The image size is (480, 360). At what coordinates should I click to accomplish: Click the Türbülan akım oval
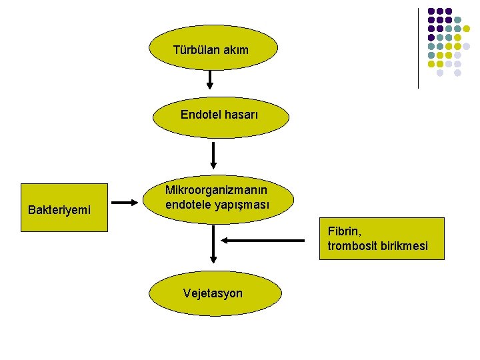(x=211, y=49)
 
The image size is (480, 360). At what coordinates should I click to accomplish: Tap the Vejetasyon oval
(x=213, y=293)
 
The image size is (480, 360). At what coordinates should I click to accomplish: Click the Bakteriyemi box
(x=63, y=207)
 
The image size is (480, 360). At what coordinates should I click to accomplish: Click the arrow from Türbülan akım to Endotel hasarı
(x=210, y=79)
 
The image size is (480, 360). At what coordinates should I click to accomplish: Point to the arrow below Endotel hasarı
(x=213, y=155)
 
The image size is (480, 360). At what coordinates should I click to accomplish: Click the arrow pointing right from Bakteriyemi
(x=125, y=203)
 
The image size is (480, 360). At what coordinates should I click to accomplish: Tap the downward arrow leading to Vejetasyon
(x=213, y=245)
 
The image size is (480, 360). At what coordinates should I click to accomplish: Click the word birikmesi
(x=403, y=247)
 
